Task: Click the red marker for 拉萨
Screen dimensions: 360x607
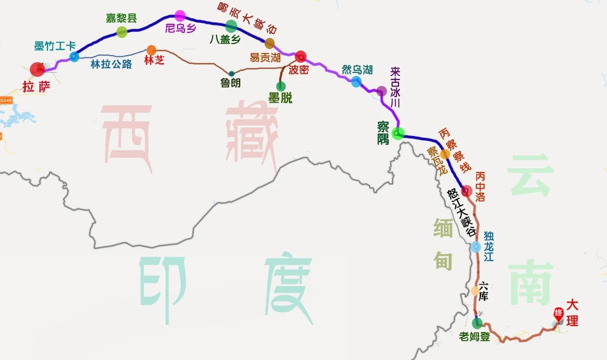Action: point(37,70)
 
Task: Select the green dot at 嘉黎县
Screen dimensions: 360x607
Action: point(122,32)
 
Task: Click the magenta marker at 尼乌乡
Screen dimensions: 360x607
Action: point(180,16)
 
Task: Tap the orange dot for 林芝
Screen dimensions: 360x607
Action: point(151,50)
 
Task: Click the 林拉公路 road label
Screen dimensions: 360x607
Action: point(111,64)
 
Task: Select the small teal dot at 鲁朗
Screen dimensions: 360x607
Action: point(231,73)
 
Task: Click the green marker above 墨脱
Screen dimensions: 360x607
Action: point(281,85)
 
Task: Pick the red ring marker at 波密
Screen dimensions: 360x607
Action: point(300,56)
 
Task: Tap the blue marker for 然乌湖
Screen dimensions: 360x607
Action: point(357,81)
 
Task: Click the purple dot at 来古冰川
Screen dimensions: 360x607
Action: point(381,91)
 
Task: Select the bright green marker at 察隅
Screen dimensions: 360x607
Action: point(398,133)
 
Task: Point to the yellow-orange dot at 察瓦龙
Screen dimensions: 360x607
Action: point(445,154)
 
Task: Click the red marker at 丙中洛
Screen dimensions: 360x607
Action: point(467,191)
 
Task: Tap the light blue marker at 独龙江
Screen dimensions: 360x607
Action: point(475,247)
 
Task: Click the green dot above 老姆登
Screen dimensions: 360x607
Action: point(477,323)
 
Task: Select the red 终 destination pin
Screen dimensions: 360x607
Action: point(558,313)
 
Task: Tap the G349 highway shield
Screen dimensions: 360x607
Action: point(6,100)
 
